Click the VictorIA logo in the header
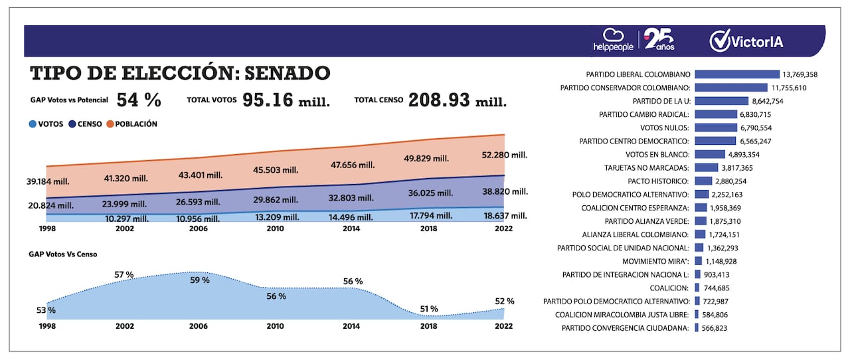click(x=746, y=41)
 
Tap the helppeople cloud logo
click(x=613, y=41)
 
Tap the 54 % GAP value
click(x=139, y=100)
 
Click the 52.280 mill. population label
click(x=503, y=155)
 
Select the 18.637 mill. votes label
click(x=503, y=216)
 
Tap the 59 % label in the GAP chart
click(x=200, y=280)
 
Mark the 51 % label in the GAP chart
click(x=429, y=309)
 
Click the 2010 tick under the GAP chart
click(x=275, y=326)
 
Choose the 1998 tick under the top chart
click(x=47, y=228)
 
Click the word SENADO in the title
click(x=286, y=72)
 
